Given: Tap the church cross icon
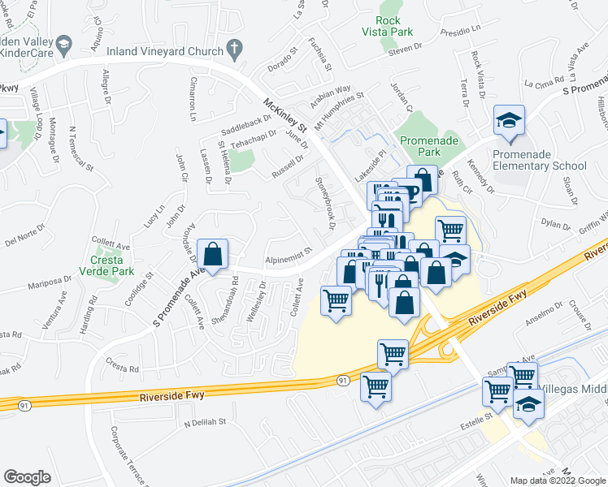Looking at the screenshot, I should [x=235, y=48].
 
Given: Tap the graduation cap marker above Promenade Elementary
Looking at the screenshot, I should [x=509, y=122].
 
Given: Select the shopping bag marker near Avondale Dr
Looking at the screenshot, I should [x=212, y=254].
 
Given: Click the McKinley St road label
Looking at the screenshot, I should [x=284, y=117].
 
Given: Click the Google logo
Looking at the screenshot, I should [x=27, y=477].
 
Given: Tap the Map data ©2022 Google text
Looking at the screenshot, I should [x=557, y=481].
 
